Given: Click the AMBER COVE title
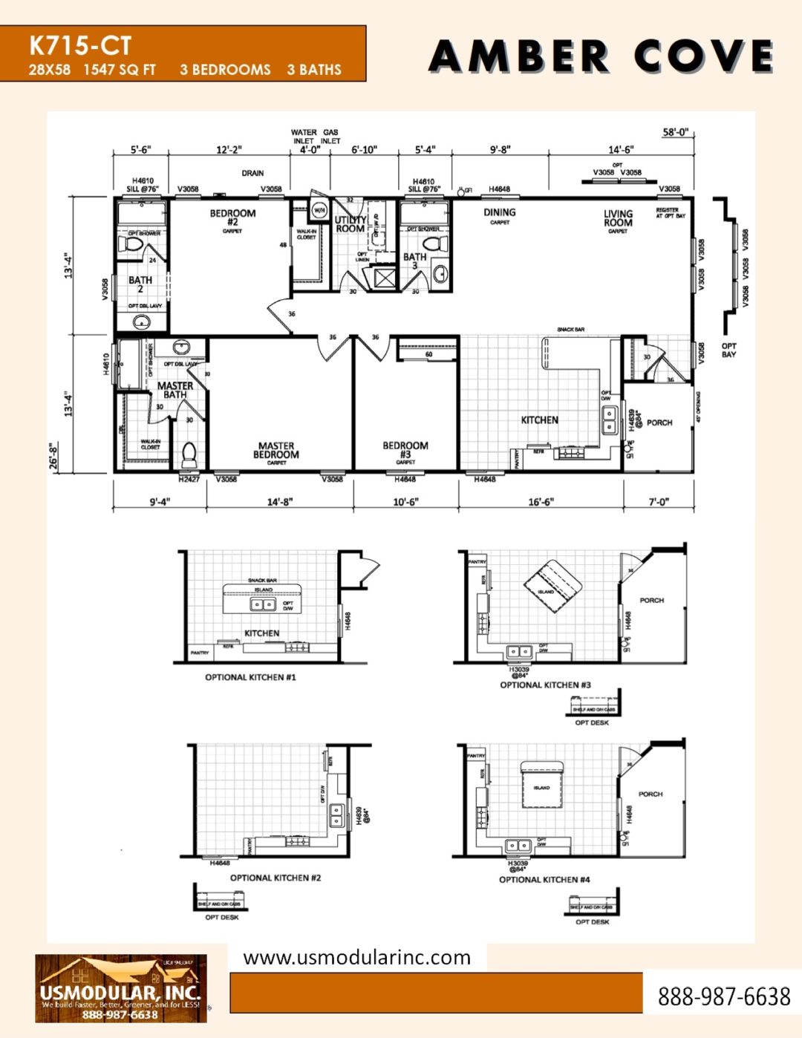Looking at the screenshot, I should (601, 56).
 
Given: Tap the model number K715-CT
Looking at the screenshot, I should (80, 46).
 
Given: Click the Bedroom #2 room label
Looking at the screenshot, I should (232, 218).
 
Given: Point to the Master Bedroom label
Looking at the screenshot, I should (276, 451).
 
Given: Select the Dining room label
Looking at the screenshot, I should (499, 212).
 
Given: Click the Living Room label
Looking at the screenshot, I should (618, 218).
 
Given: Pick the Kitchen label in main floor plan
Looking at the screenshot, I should (539, 420).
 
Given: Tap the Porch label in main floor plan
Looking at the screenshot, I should (659, 422).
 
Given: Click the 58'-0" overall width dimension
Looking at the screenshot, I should (676, 133).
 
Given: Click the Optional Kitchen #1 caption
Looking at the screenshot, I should (250, 677).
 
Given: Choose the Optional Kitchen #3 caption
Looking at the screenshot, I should (545, 685).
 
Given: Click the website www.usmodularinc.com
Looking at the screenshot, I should (356, 958).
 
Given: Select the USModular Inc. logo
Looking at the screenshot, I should (121, 989).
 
